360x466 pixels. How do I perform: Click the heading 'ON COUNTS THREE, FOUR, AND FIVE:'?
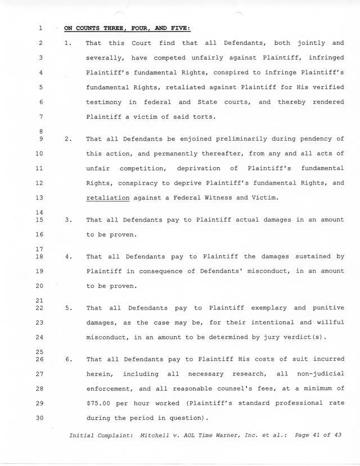(128, 28)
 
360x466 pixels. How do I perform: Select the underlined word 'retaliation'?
(107, 198)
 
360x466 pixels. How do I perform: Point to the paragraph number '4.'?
(68, 257)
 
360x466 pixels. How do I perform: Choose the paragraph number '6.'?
(68, 359)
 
